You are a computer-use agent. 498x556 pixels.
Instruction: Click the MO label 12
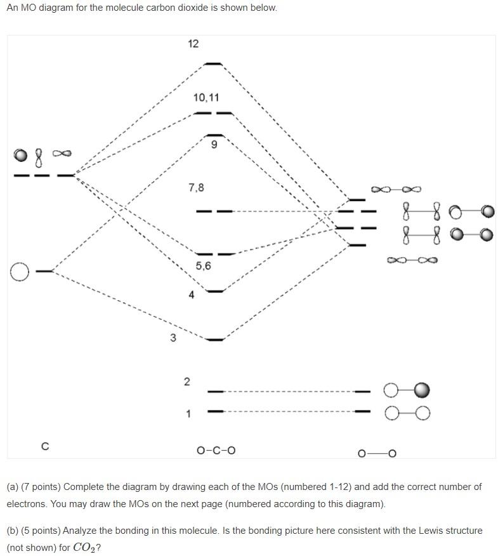(193, 44)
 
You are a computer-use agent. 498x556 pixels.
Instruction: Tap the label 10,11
(206, 98)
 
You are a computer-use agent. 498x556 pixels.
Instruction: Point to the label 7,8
(196, 188)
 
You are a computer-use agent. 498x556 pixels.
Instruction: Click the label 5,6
(203, 266)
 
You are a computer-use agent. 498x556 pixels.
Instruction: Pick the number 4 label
(191, 295)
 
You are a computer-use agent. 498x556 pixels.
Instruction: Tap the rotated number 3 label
(173, 338)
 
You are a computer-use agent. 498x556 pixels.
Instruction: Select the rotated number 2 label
(187, 381)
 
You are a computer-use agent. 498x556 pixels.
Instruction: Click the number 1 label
(188, 414)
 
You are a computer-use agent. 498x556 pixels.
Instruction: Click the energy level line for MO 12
(214, 64)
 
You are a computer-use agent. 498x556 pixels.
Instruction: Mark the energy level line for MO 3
(216, 340)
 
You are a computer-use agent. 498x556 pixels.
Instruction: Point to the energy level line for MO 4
(216, 291)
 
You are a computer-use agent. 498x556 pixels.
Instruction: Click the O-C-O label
(216, 451)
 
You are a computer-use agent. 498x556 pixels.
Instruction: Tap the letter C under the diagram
(44, 446)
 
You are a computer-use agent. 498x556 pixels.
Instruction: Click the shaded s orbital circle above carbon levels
(21, 155)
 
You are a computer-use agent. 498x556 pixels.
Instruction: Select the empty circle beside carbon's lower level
(20, 272)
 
